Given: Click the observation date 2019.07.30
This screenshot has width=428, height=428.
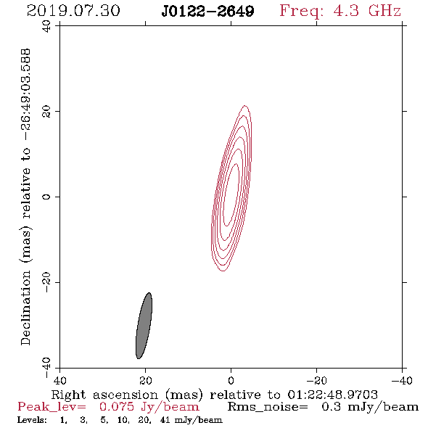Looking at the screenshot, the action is pos(73,11).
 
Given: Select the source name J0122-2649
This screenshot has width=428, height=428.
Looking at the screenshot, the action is pos(207,12).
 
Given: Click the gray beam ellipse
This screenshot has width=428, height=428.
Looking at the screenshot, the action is pos(144,326).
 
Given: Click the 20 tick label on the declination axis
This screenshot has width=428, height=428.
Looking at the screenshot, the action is pos(46,112).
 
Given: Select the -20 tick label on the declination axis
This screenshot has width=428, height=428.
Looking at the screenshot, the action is pos(46,282).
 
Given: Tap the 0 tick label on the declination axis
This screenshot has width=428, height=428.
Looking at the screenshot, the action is pos(46,197).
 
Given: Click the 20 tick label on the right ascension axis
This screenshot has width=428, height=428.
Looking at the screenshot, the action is pos(146,380).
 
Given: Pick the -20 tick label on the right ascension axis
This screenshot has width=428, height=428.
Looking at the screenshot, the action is pos(316,380).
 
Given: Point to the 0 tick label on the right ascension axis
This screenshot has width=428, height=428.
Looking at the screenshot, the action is pos(231,380).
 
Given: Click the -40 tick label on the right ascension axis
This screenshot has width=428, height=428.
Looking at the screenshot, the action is pos(402,380).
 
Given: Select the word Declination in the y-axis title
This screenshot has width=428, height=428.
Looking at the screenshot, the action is pos(25,308).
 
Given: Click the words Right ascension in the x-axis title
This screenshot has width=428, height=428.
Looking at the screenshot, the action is pos(104,395).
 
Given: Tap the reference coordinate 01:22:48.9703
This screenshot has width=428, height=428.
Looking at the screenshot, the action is pos(332,395).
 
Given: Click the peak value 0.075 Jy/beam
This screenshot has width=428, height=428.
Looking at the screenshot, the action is pos(149,407).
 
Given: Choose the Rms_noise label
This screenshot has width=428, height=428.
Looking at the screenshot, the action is pos(268,407).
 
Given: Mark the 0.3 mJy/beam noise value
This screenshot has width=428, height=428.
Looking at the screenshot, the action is pos(370,407).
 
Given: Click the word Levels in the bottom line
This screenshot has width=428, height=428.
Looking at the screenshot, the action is pos(32,420).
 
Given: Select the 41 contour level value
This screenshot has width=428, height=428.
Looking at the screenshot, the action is pos(165,420).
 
